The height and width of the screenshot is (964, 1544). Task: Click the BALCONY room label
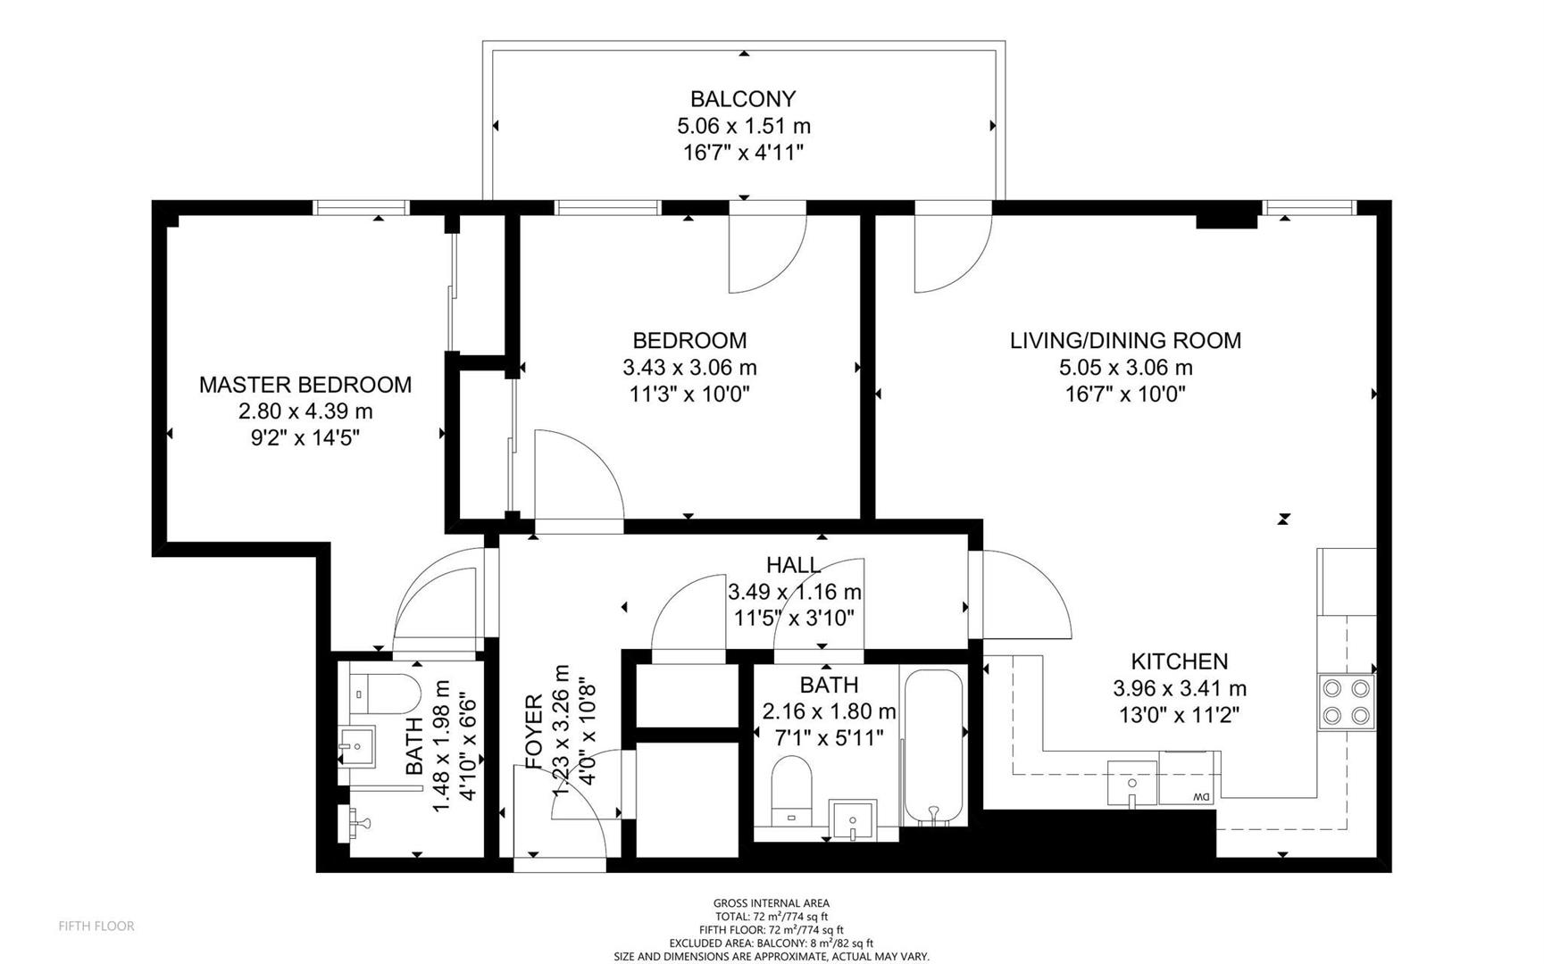coord(743,98)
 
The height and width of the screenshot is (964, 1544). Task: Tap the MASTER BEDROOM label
coord(305,385)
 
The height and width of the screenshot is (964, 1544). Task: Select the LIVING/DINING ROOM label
coord(1125,340)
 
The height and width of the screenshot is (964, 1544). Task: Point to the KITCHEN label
coord(1180,661)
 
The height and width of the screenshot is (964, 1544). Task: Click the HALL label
coord(794,564)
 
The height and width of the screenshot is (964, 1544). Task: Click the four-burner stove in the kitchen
coord(1347,702)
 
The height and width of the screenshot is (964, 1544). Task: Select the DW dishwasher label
coord(1201,797)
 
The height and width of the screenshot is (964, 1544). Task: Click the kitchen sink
coord(1132,783)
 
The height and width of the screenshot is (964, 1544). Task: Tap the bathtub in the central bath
coord(934,747)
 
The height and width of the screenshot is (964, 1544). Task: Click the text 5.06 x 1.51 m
coord(744,126)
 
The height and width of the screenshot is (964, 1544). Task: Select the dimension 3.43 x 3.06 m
coord(689,367)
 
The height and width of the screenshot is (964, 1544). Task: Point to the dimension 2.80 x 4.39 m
coord(305,411)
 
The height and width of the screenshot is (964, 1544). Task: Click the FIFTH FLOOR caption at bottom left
coord(96,927)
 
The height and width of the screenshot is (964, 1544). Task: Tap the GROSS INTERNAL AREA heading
coord(772,903)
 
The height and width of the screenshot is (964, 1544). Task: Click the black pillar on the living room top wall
coord(1226,221)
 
